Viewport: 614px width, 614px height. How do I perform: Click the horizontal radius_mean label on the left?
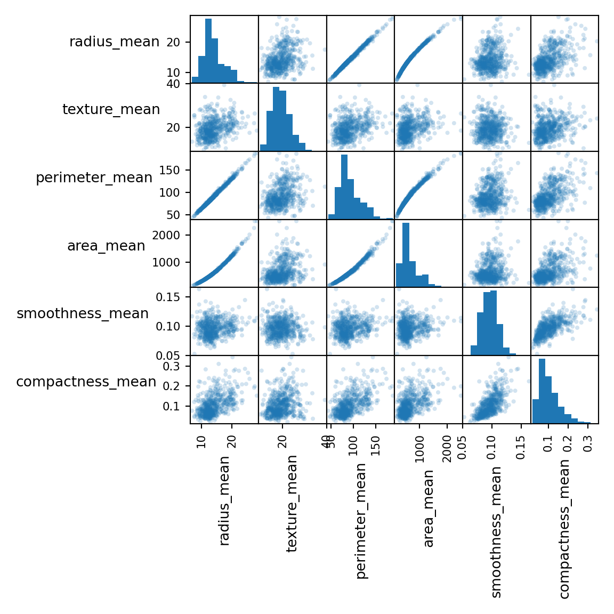click(114, 42)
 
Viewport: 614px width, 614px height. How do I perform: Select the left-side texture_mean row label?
click(111, 109)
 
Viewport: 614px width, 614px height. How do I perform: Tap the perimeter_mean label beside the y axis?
click(94, 177)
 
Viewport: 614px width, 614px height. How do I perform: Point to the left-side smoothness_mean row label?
click(83, 313)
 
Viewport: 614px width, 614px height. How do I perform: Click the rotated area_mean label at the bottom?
click(429, 508)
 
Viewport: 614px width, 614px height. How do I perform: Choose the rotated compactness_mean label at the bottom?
click(564, 529)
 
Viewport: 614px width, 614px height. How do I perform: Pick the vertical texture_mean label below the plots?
click(292, 503)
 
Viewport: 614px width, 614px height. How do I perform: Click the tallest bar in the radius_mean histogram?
click(208, 51)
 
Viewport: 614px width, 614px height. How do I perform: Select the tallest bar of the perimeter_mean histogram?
click(344, 187)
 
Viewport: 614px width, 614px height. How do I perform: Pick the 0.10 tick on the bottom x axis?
click(492, 446)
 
